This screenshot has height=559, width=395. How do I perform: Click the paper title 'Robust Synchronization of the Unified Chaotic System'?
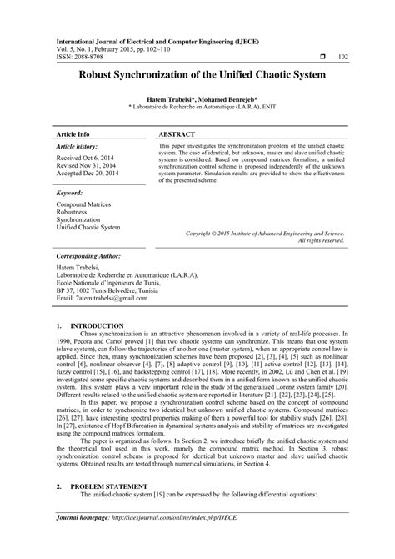coord(197,73)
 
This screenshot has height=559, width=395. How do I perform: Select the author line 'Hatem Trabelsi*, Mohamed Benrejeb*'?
coord(197,98)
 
